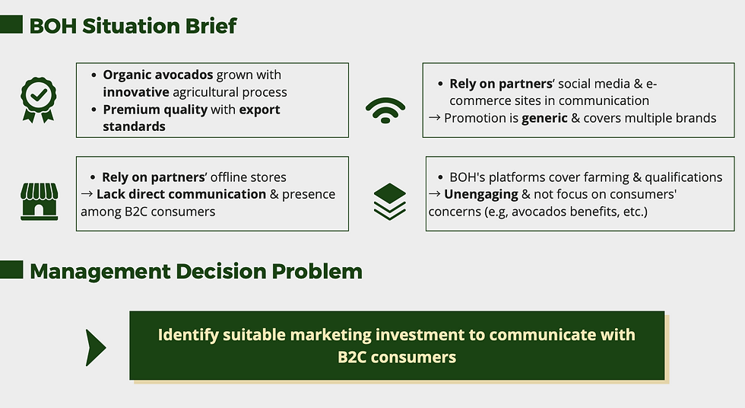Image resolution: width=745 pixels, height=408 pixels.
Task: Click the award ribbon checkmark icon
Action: click(39, 100)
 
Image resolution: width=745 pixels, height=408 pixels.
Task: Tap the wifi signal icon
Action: click(385, 110)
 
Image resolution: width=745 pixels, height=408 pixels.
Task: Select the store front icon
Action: click(39, 202)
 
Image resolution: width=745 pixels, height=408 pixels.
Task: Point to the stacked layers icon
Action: click(389, 202)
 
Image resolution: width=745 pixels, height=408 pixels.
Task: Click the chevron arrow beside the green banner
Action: click(96, 348)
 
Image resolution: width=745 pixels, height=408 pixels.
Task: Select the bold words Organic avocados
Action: click(158, 75)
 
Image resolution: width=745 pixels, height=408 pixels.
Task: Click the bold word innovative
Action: click(136, 92)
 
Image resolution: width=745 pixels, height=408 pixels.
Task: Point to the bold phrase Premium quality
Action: click(155, 110)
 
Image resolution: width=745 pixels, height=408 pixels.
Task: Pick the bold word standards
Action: click(134, 126)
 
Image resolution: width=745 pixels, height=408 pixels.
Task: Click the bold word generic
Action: click(544, 118)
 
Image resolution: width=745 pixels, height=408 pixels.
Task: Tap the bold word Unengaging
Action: click(480, 194)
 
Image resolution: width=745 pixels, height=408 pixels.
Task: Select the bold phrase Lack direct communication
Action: click(181, 194)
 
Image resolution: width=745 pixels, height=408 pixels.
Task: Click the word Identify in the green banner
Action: click(189, 335)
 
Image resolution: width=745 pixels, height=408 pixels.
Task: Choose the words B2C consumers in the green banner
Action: click(397, 357)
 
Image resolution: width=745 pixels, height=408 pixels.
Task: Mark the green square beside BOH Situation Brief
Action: click(11, 24)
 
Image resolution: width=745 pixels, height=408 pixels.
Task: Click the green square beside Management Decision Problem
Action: click(11, 269)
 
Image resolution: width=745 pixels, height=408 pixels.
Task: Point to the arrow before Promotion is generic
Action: click(434, 117)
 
